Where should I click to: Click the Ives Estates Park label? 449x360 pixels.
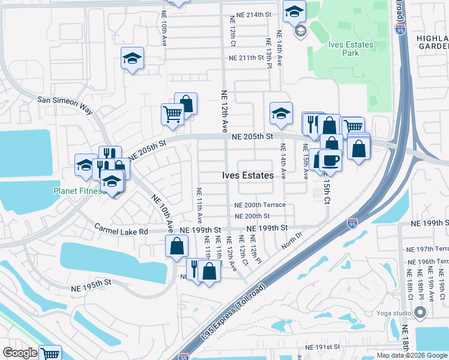click(351, 49)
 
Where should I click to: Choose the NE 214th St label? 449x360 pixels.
click(250, 14)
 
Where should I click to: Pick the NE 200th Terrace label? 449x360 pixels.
click(259, 205)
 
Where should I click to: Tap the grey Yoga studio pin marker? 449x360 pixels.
click(420, 312)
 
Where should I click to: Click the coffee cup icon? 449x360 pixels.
click(330, 159)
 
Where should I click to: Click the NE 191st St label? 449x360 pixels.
click(322, 347)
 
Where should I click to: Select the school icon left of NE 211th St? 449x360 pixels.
click(133, 59)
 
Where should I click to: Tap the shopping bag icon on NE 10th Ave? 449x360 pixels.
click(177, 246)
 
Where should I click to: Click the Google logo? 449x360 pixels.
click(20, 353)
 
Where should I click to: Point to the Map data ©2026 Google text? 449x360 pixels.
click(411, 355)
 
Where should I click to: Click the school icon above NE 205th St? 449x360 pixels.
click(281, 113)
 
